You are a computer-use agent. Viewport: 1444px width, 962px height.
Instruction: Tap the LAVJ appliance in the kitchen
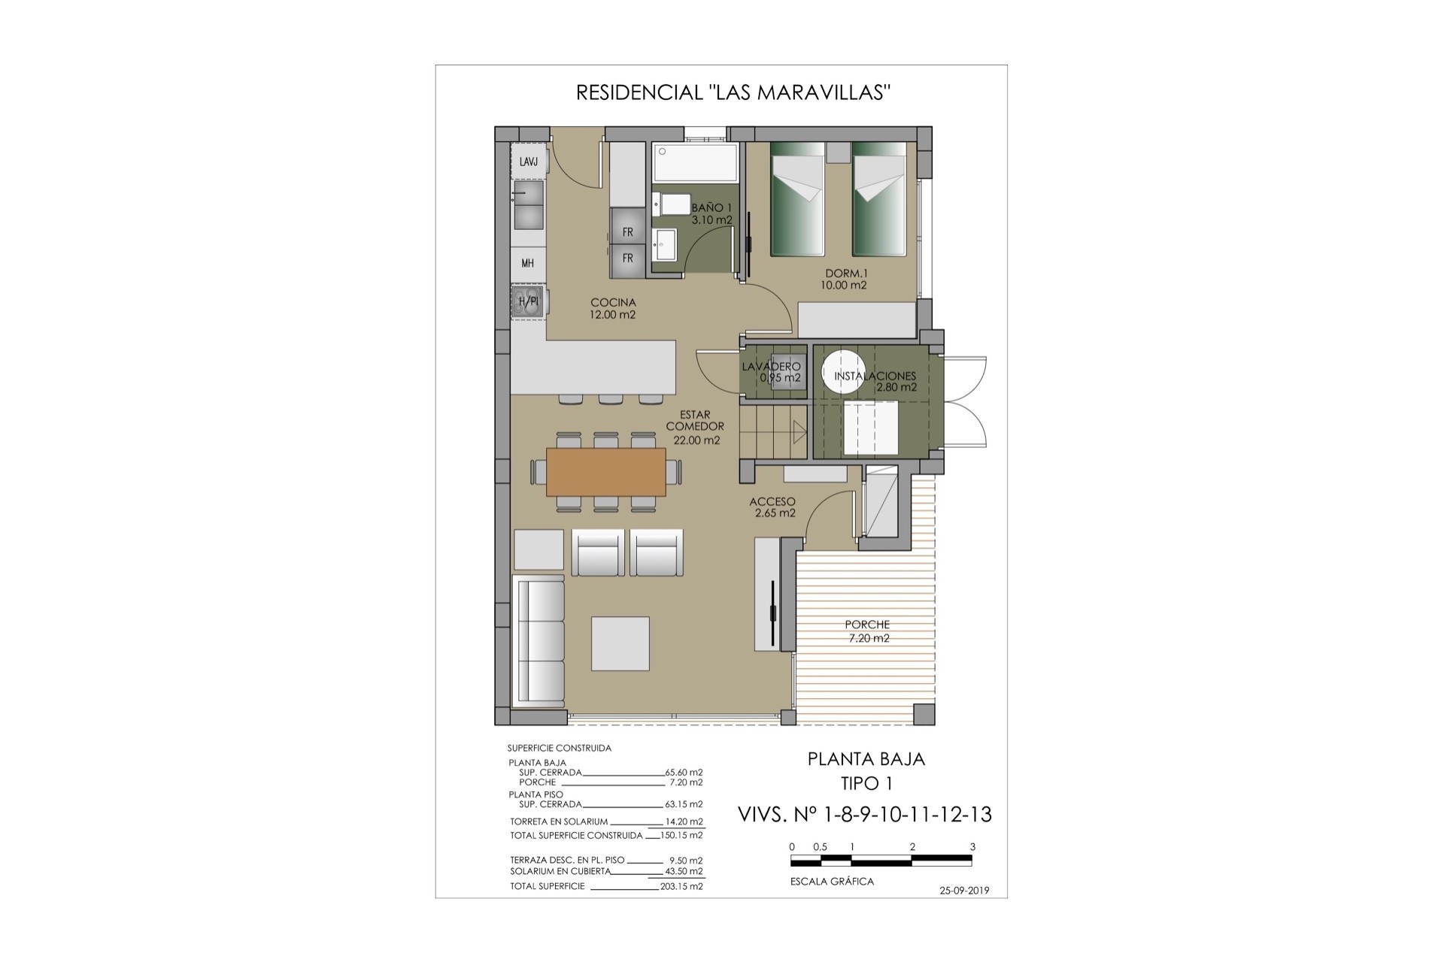pyautogui.click(x=529, y=162)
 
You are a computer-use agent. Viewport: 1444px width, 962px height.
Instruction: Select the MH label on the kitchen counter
pyautogui.click(x=528, y=263)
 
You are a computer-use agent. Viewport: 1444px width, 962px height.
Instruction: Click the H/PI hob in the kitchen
pyautogui.click(x=529, y=301)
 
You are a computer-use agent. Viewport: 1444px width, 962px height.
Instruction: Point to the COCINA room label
pyautogui.click(x=613, y=303)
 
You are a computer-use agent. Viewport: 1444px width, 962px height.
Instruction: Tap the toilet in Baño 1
pyautogui.click(x=671, y=204)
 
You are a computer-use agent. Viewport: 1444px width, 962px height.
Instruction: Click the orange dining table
pyautogui.click(x=606, y=472)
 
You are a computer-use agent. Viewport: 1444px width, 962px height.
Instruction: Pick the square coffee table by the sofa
pyautogui.click(x=620, y=643)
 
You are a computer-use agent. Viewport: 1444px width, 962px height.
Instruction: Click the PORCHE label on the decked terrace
pyautogui.click(x=867, y=625)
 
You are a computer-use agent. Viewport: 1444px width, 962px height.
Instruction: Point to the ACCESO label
pyautogui.click(x=772, y=501)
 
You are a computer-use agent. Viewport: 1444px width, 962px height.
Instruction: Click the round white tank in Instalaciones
pyautogui.click(x=843, y=371)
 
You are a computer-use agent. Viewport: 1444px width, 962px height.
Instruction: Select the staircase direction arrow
pyautogui.click(x=799, y=432)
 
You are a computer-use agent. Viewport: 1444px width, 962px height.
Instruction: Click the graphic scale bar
pyautogui.click(x=882, y=858)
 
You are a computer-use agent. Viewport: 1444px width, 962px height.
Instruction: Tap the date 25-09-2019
pyautogui.click(x=964, y=891)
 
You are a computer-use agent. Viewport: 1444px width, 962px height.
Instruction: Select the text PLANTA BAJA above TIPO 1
pyautogui.click(x=866, y=759)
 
